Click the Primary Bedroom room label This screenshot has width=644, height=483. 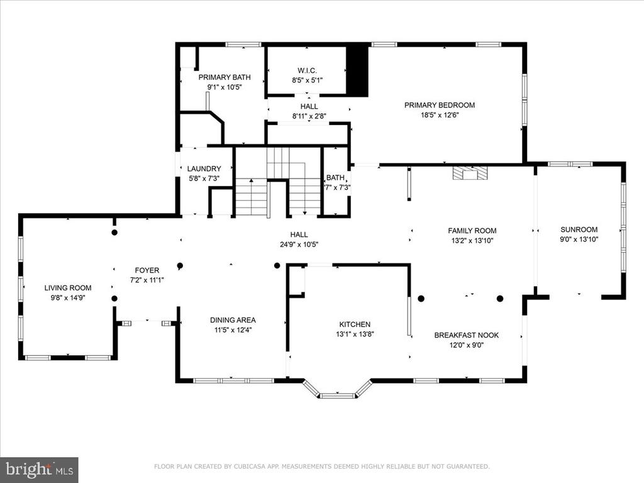coord(440,105)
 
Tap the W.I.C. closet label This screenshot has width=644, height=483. coord(307,70)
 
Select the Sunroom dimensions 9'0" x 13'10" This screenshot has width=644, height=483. coord(579,240)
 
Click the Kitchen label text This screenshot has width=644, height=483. coord(355,325)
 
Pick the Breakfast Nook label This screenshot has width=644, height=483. coord(467,335)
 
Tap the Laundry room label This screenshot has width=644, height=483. coord(204,169)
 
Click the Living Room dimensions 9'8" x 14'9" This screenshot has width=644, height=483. coord(68,297)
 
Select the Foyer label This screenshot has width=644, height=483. coord(147,270)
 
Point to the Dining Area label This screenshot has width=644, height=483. coord(233,320)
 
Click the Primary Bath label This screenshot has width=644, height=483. coord(225,77)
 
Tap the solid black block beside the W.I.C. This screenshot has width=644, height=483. coord(357,70)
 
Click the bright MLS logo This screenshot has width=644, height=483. coord(39,469)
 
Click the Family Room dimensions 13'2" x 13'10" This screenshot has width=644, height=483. coord(472,241)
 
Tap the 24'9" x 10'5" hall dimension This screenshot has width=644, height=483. coord(299,245)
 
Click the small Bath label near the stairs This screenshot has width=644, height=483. coord(335,178)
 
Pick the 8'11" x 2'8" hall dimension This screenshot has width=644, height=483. coord(309,116)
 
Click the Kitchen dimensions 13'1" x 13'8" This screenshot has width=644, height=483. coord(355,335)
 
